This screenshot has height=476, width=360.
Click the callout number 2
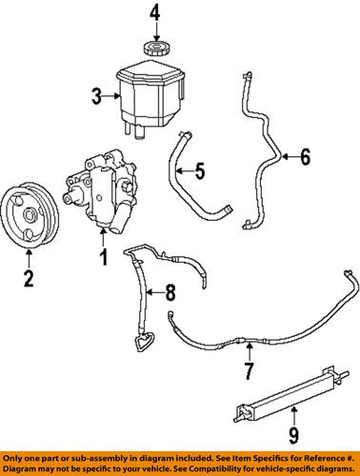tap(29, 279)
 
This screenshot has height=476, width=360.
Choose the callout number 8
tap(171, 291)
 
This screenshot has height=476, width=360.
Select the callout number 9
tap(295, 439)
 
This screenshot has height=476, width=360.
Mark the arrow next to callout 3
tap(111, 94)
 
